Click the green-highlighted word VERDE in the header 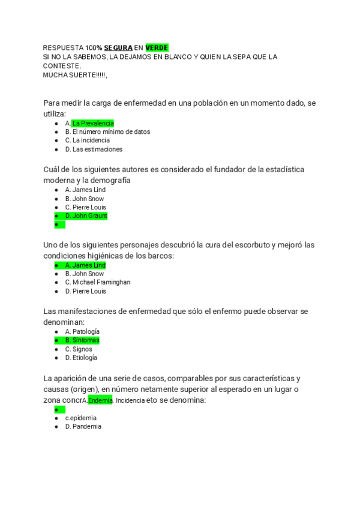157,47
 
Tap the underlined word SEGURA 118,47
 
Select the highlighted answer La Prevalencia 92,123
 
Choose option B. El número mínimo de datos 107,131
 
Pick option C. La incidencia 88,140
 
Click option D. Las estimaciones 94,149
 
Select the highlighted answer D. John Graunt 86,216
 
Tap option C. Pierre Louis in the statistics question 85,207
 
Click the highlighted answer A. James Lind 85,265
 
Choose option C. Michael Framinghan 98,282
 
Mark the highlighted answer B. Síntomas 82,340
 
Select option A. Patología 82,331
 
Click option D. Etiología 81,358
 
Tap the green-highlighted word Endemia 100,400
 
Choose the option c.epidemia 81,418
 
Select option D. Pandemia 83,426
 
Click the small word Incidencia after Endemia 130,400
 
